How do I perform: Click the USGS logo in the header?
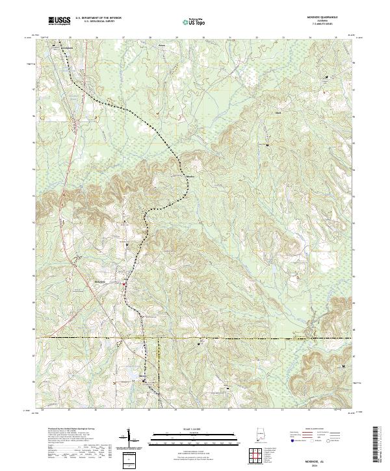point(59,21)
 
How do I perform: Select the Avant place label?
point(162,46)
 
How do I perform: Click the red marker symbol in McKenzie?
point(125,283)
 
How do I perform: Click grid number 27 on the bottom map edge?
point(122,411)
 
